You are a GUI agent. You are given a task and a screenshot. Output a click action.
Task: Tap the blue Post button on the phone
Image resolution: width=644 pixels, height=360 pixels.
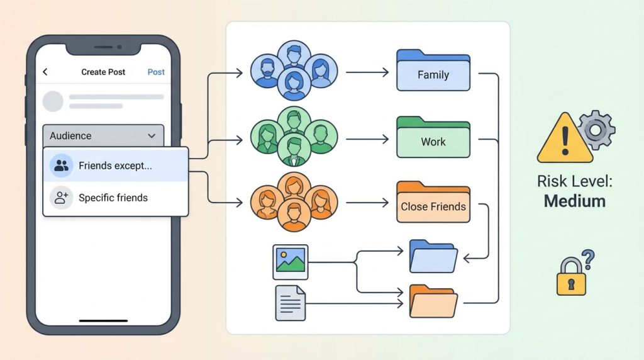click(x=156, y=72)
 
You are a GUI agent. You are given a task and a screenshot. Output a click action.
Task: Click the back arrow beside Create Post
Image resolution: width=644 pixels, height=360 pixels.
click(x=45, y=72)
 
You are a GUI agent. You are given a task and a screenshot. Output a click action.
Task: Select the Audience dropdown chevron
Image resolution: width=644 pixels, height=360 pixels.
click(x=152, y=136)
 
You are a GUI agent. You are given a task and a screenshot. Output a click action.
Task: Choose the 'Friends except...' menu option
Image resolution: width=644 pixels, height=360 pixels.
click(x=115, y=166)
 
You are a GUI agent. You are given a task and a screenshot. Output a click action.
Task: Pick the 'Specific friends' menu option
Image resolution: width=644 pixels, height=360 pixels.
click(x=113, y=198)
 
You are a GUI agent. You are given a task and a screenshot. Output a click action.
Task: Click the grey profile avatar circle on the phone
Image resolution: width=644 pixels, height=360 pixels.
click(x=53, y=101)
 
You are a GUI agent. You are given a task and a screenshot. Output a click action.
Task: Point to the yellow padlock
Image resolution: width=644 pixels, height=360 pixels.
click(x=571, y=282)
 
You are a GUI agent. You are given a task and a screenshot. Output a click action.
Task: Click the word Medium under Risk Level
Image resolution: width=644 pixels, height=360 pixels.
click(x=575, y=201)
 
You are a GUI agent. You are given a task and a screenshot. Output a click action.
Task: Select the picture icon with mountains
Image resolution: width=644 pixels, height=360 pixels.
click(x=290, y=261)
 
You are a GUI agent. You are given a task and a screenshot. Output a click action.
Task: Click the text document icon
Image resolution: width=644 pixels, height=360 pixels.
click(x=290, y=303)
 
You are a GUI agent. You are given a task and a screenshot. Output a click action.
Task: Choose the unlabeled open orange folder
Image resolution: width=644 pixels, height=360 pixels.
click(x=433, y=301)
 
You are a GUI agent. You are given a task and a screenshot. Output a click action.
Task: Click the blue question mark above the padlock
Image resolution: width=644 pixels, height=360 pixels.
click(x=588, y=257)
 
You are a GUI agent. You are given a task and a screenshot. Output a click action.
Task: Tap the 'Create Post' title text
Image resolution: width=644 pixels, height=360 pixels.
click(x=103, y=72)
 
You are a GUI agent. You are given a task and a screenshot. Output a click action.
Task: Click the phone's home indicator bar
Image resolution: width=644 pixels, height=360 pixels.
click(x=103, y=321)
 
